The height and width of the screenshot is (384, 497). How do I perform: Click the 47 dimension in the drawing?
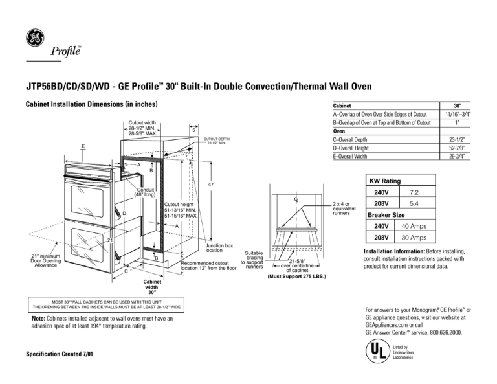[x=211, y=185]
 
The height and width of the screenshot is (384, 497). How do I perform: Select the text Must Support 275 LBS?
[x=297, y=277]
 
